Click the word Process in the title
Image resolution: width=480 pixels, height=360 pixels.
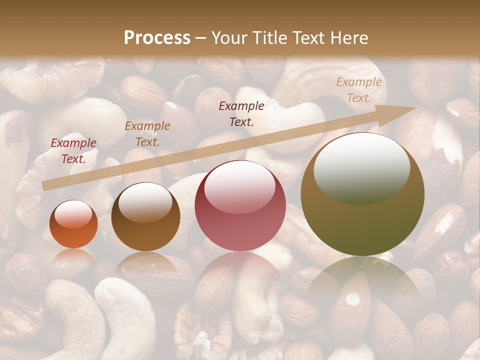[x=157, y=37]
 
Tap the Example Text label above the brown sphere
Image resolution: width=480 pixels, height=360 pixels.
[x=147, y=134]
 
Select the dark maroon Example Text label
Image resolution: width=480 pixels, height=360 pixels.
[x=241, y=113]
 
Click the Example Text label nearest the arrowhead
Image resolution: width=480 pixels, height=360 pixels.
[x=359, y=90]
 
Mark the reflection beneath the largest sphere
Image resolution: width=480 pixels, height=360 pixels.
[x=362, y=280]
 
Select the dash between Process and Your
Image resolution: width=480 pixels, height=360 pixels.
[x=200, y=38]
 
